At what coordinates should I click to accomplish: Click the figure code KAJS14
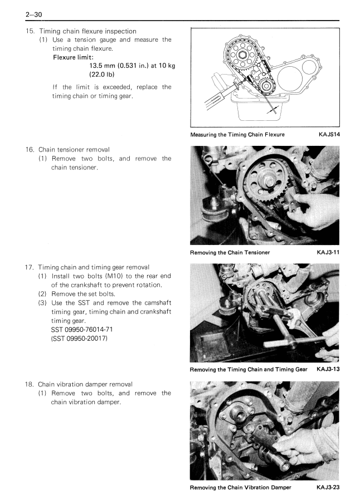point(328,135)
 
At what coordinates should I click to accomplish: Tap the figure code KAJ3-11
point(328,252)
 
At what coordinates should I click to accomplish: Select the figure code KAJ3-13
point(328,370)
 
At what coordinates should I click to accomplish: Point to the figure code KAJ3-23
point(328,488)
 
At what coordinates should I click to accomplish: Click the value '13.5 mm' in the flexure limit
point(106,66)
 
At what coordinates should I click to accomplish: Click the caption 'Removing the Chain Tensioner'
point(230,252)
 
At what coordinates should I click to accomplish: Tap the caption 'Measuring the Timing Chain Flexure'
point(237,135)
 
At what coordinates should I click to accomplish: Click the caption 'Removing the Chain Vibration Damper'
point(243,488)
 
